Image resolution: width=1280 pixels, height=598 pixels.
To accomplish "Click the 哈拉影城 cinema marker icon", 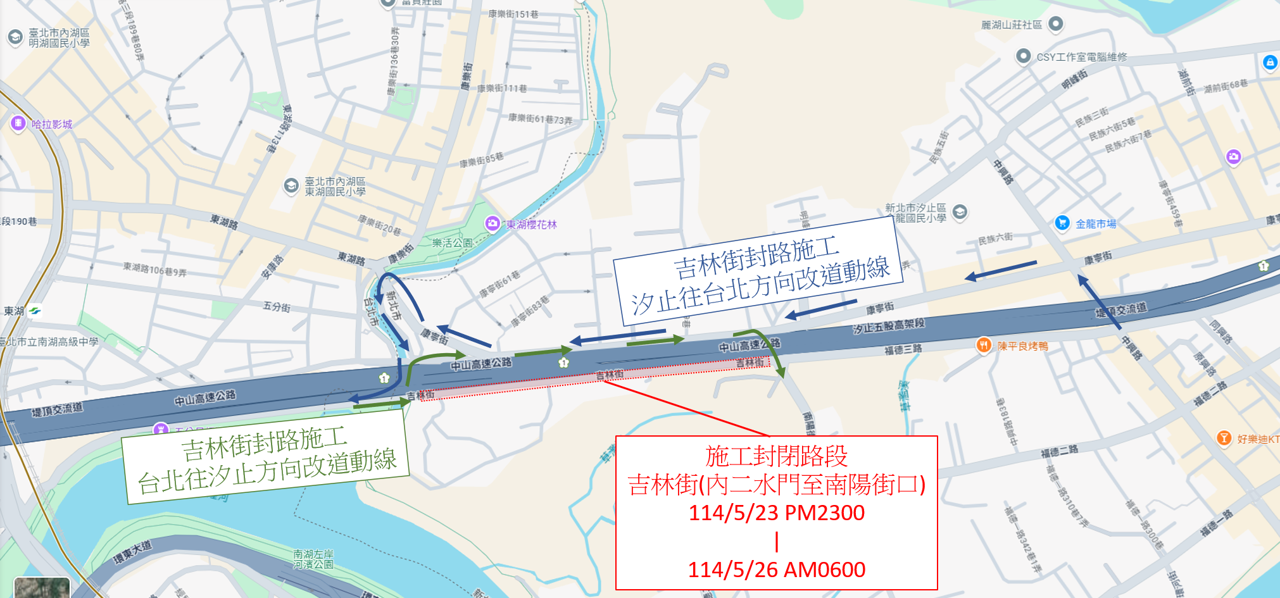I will pyautogui.click(x=18, y=123).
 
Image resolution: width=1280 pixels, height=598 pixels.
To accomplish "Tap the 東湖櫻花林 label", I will pyautogui.click(x=531, y=225).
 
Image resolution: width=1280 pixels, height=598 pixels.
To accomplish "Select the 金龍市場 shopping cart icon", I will pyautogui.click(x=1062, y=223).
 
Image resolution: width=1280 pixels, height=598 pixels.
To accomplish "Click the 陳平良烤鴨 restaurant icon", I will pyautogui.click(x=983, y=346).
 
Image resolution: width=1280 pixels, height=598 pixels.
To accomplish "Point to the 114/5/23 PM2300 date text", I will pyautogui.click(x=776, y=513).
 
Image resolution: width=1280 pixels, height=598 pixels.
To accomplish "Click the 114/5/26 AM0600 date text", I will pyautogui.click(x=776, y=570).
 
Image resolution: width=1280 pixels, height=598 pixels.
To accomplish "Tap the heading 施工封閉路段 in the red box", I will pyautogui.click(x=776, y=456).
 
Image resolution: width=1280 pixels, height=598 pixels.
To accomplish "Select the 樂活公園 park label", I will pyautogui.click(x=452, y=243).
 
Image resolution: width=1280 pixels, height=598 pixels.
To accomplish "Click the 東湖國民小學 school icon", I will pyautogui.click(x=291, y=186).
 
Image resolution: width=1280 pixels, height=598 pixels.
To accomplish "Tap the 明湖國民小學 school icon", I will pyautogui.click(x=15, y=37).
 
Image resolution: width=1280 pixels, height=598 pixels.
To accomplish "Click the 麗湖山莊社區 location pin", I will pyautogui.click(x=1055, y=24).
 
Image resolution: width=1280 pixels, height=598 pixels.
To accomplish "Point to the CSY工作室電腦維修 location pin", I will pyautogui.click(x=1023, y=56).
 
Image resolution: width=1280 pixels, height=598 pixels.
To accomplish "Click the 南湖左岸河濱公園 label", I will pyautogui.click(x=313, y=559).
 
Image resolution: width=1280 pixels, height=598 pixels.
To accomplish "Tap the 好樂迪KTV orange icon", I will pyautogui.click(x=1224, y=438).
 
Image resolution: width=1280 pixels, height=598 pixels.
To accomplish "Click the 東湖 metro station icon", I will pyautogui.click(x=35, y=311).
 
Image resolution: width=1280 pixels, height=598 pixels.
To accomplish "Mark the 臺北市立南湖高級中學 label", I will pyautogui.click(x=49, y=342).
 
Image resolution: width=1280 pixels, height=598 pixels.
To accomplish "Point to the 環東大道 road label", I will pyautogui.click(x=133, y=552).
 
